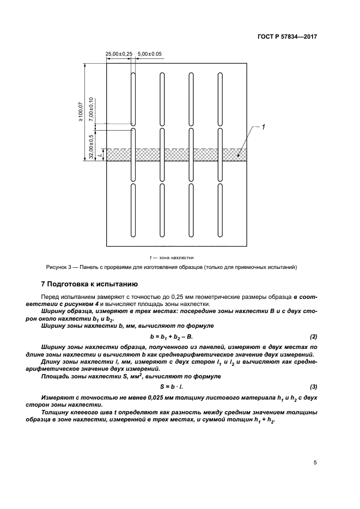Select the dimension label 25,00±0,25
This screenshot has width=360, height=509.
coord(119,54)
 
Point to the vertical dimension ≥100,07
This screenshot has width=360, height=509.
coord(80,111)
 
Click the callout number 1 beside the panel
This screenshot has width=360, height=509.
coord(263,127)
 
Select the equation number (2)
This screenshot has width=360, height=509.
coord(313,336)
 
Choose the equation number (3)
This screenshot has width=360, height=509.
coord(313,387)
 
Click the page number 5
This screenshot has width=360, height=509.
coord(315,463)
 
